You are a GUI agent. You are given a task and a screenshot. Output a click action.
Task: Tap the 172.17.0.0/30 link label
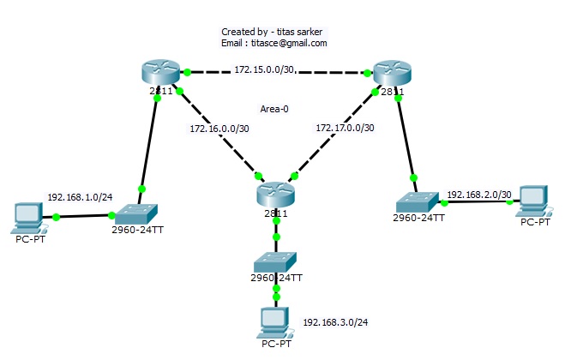click(345, 128)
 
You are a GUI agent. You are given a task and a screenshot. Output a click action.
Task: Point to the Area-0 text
click(275, 109)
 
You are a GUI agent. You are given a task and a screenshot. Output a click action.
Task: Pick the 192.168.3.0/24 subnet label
click(332, 323)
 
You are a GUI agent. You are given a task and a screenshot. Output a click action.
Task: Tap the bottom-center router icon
click(275, 193)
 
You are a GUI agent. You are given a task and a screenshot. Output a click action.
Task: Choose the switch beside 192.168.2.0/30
click(418, 202)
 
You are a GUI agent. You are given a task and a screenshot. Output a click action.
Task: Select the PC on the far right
click(534, 200)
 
